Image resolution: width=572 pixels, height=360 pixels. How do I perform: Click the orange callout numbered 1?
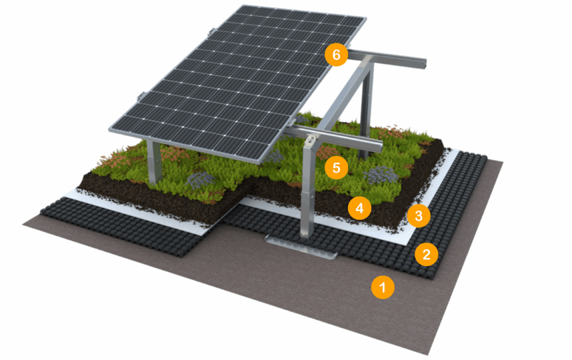click(383, 287)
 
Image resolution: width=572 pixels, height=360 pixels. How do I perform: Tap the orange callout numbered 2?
click(426, 254)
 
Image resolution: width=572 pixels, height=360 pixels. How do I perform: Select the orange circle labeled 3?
click(418, 216)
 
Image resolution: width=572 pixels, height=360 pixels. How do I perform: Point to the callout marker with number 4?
click(359, 208)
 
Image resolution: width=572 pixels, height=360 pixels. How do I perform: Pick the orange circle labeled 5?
click(336, 168)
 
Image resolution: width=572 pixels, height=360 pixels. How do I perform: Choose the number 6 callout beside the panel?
click(336, 55)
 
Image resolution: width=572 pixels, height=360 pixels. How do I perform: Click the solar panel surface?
click(237, 84)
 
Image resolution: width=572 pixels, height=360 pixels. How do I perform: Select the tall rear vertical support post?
click(366, 110)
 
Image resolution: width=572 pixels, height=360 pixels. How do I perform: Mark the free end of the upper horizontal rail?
click(423, 63)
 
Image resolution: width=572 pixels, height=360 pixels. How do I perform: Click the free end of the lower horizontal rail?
click(379, 148)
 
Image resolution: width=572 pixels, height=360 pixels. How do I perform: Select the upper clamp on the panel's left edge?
click(210, 32)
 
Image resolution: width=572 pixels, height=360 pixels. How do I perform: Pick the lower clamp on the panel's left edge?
click(141, 96)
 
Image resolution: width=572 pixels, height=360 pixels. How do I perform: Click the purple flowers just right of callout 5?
click(381, 174)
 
